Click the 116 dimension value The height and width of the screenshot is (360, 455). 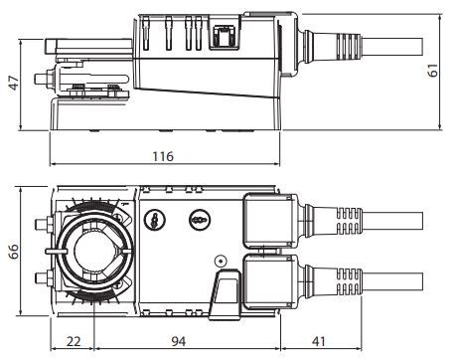tap(163, 156)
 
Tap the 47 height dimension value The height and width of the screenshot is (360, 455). tap(14, 83)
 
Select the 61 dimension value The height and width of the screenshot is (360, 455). tap(433, 71)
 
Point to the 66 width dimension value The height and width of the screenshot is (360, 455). tap(14, 252)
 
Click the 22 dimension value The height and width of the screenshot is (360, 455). tap(74, 341)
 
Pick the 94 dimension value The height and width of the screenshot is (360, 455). tap(179, 341)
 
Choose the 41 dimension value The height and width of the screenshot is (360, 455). tap(319, 341)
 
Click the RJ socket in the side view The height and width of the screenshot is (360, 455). tap(225, 37)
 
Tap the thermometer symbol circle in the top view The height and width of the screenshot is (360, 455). tap(155, 219)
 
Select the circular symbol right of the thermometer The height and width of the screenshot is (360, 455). tap(200, 219)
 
